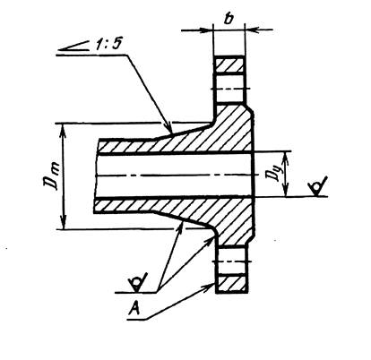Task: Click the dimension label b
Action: click(229, 19)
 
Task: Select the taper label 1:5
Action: click(108, 44)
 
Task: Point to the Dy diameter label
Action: click(275, 174)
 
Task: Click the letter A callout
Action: click(134, 308)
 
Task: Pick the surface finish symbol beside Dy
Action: click(318, 186)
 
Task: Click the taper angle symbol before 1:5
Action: click(73, 46)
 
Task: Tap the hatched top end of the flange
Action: click(229, 64)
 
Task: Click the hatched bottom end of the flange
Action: click(232, 284)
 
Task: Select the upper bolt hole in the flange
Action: click(229, 88)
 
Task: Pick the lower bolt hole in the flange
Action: click(232, 261)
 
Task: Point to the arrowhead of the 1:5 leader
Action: click(168, 128)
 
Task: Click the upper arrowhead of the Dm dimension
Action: click(63, 130)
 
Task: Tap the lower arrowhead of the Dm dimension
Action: click(63, 222)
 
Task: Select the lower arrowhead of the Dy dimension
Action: click(286, 191)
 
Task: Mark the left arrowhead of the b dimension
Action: click(206, 30)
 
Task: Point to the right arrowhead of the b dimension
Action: click(252, 30)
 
